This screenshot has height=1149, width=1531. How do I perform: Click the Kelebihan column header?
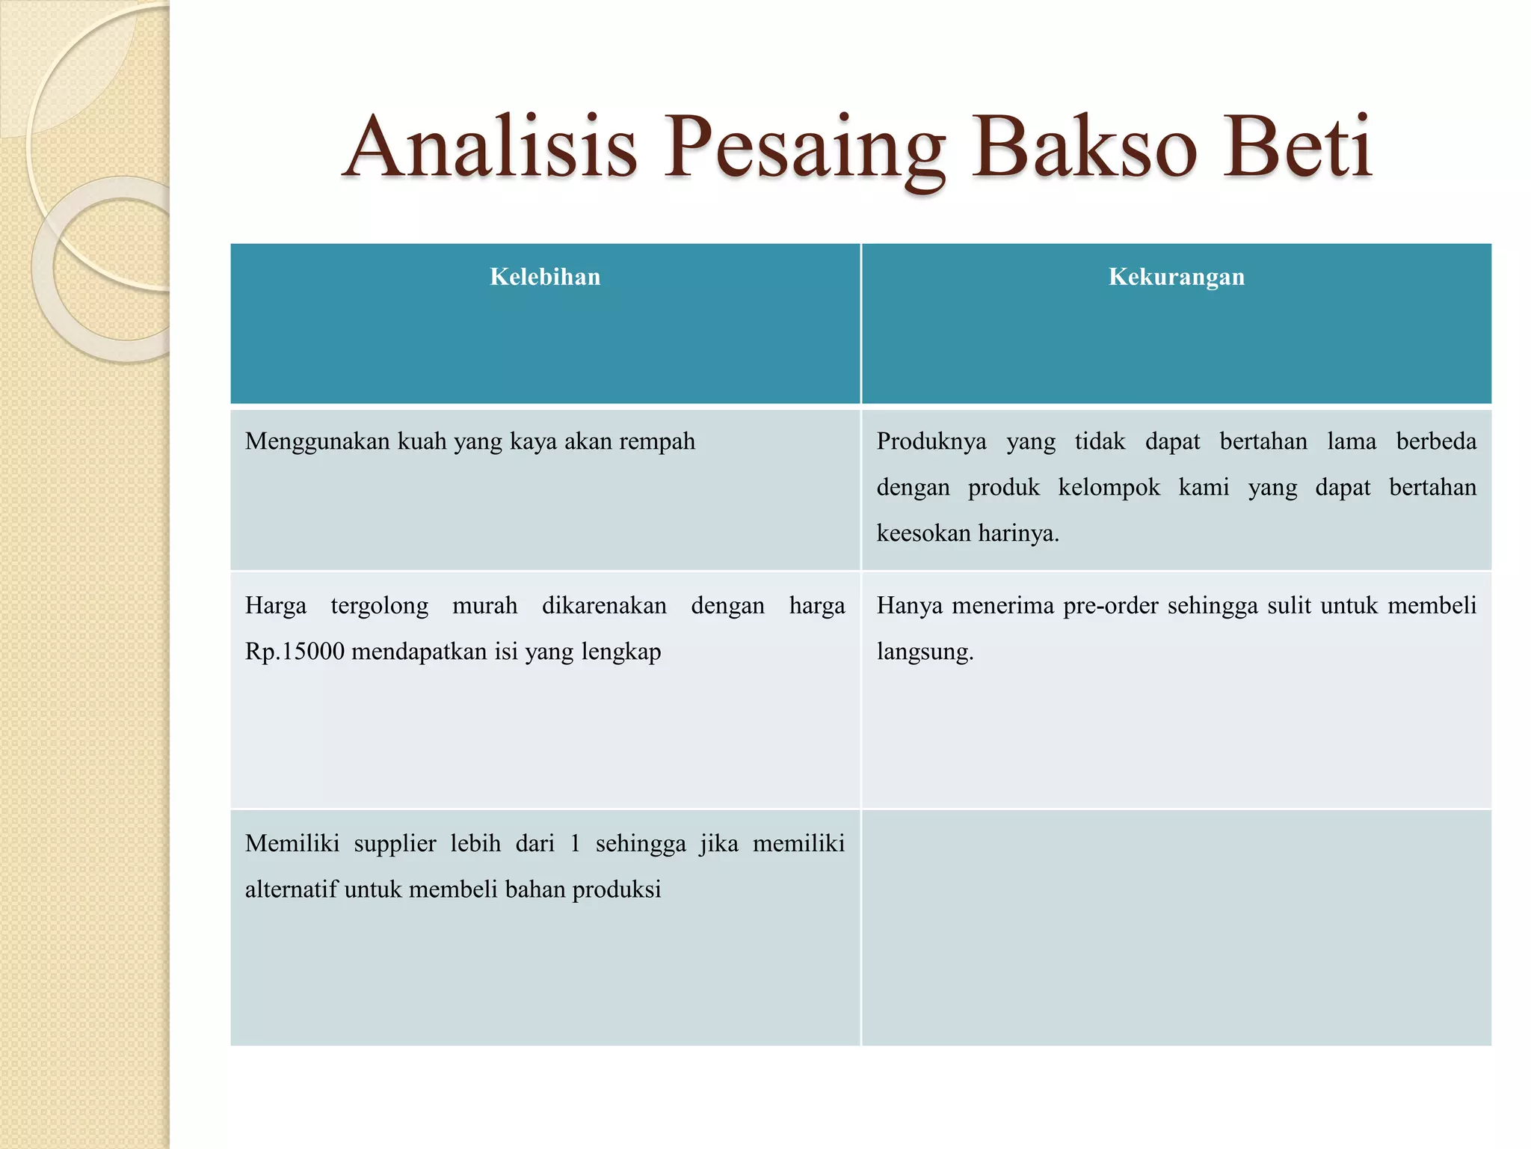pyautogui.click(x=545, y=277)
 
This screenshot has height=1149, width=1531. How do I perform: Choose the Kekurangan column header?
pyautogui.click(x=1176, y=277)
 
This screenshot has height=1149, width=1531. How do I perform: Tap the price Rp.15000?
pyautogui.click(x=295, y=652)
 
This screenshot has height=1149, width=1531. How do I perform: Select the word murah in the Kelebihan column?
pyautogui.click(x=484, y=605)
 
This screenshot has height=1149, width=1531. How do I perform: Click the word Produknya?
pyautogui.click(x=931, y=441)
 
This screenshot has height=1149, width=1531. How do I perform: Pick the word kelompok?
pyautogui.click(x=1109, y=488)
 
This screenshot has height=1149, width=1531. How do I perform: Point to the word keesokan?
pyautogui.click(x=923, y=533)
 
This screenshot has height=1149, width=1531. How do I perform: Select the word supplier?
pyautogui.click(x=395, y=844)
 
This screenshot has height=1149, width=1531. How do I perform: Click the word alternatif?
pyautogui.click(x=291, y=889)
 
